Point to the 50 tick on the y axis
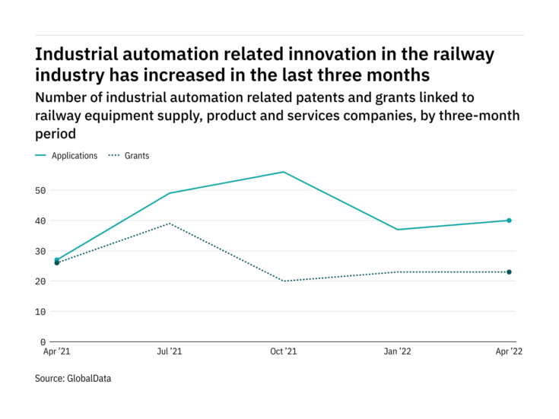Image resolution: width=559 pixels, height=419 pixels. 40,190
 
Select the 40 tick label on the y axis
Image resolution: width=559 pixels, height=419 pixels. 40,221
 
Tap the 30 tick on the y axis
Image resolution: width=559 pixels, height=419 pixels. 40,251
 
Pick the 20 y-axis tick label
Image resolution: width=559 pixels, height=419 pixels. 40,281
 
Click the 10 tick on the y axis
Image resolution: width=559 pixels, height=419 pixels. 40,312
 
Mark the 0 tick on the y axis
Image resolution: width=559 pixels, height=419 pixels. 43,342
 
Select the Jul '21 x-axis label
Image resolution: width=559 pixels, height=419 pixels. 169,352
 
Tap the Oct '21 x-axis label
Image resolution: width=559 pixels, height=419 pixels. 284,352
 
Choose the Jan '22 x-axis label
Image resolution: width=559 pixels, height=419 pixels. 396,352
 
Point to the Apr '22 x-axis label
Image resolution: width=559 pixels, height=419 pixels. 509,352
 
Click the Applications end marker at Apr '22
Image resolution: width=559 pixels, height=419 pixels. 509,221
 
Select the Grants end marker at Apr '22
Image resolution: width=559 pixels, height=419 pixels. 509,272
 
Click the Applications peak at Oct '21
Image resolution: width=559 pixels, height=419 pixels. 284,172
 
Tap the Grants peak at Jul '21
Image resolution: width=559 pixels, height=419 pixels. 169,224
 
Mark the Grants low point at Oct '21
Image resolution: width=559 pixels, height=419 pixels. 284,281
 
